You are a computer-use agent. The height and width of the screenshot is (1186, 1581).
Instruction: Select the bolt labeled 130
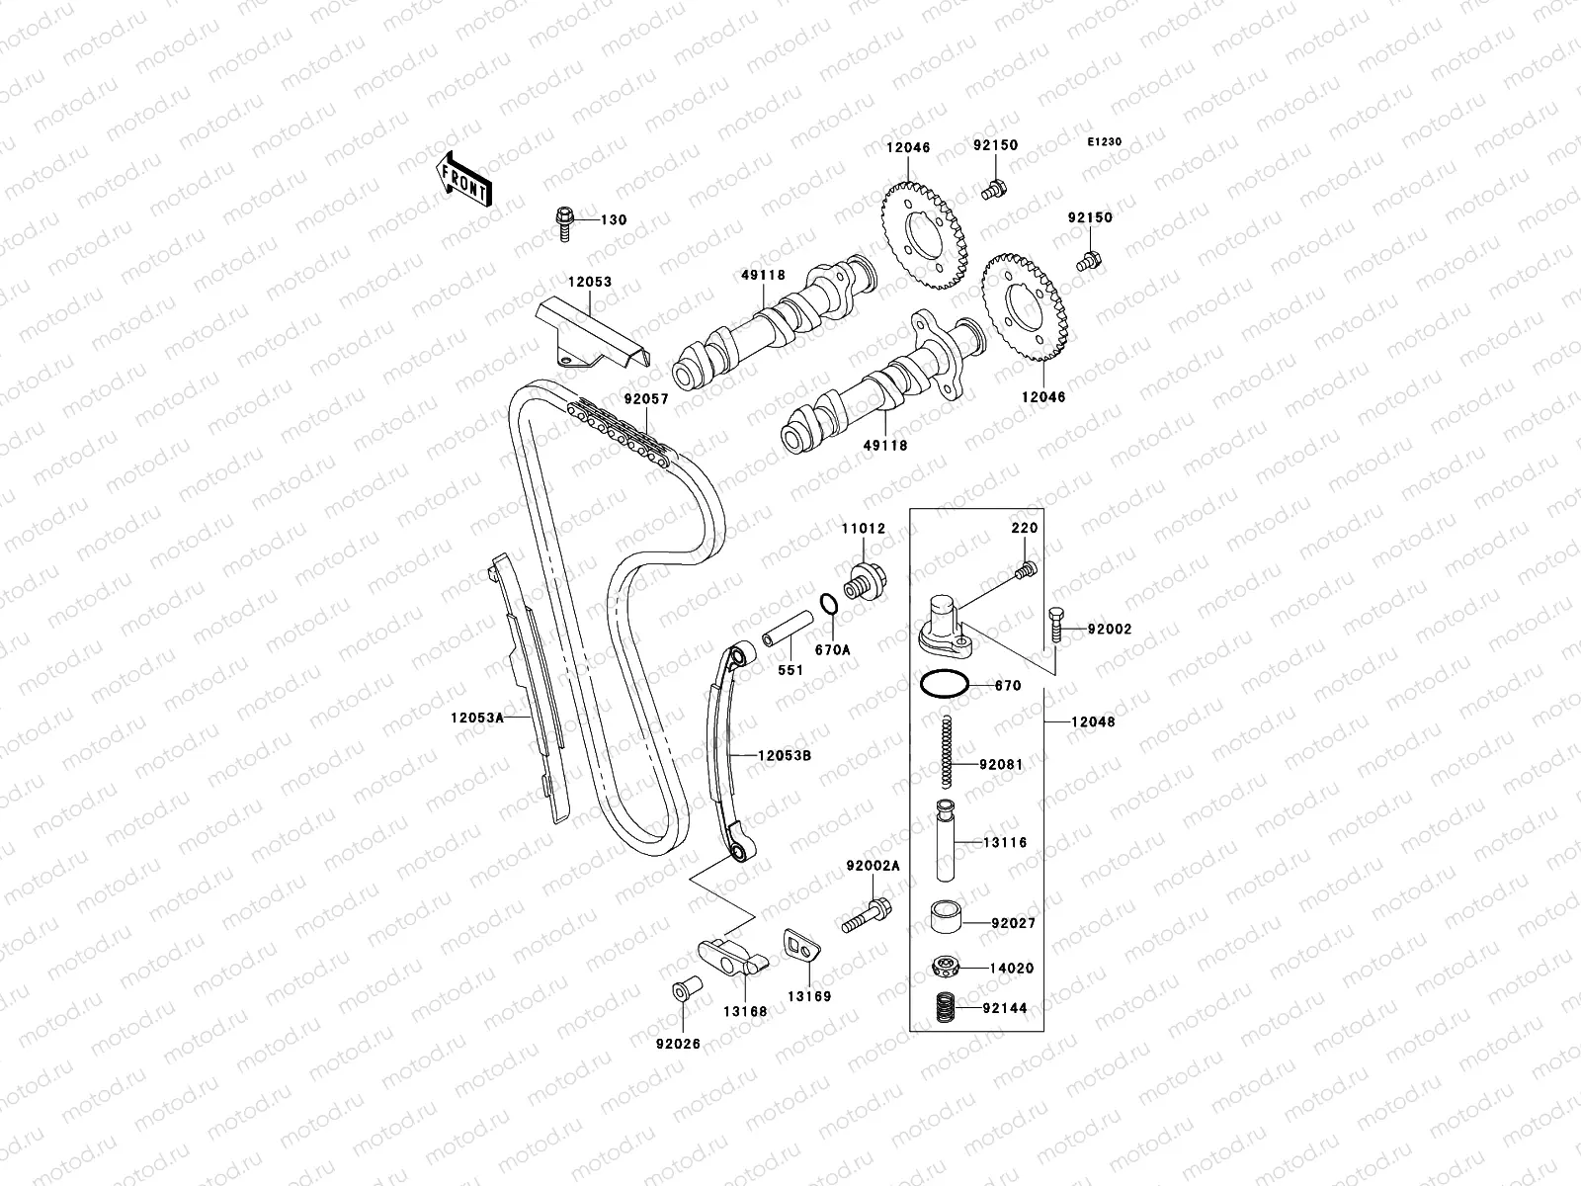click(566, 222)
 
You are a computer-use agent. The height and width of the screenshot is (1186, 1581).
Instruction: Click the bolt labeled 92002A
click(866, 913)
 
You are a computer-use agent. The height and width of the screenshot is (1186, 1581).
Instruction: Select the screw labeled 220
click(1026, 568)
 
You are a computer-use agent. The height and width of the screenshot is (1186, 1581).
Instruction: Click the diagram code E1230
click(1105, 142)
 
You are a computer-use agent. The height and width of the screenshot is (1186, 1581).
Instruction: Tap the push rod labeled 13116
click(946, 840)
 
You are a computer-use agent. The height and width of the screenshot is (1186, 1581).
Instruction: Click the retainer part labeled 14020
click(947, 968)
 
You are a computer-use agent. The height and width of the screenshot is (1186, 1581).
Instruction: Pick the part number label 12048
click(1093, 722)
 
